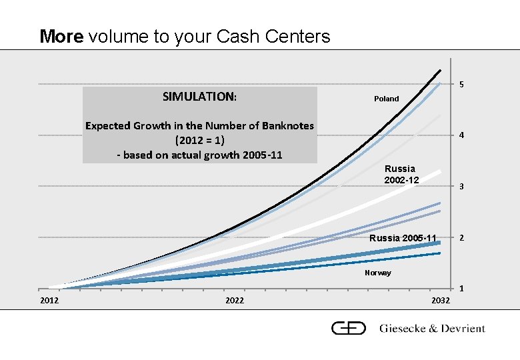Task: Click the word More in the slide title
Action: click(62, 36)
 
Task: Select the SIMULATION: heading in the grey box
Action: click(199, 97)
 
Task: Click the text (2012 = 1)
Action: click(199, 141)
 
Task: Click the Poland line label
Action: click(386, 99)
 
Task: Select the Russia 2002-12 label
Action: click(401, 175)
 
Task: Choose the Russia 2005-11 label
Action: click(403, 238)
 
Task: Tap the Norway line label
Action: click(378, 273)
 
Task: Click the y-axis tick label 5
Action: click(461, 85)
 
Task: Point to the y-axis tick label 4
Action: click(461, 136)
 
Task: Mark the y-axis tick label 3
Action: click(461, 187)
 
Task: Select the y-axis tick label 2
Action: click(461, 238)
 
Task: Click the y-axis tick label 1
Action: click(461, 289)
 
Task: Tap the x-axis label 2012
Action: click(49, 301)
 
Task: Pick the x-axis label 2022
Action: click(235, 301)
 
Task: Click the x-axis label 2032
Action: click(441, 301)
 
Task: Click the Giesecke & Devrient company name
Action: click(432, 328)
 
